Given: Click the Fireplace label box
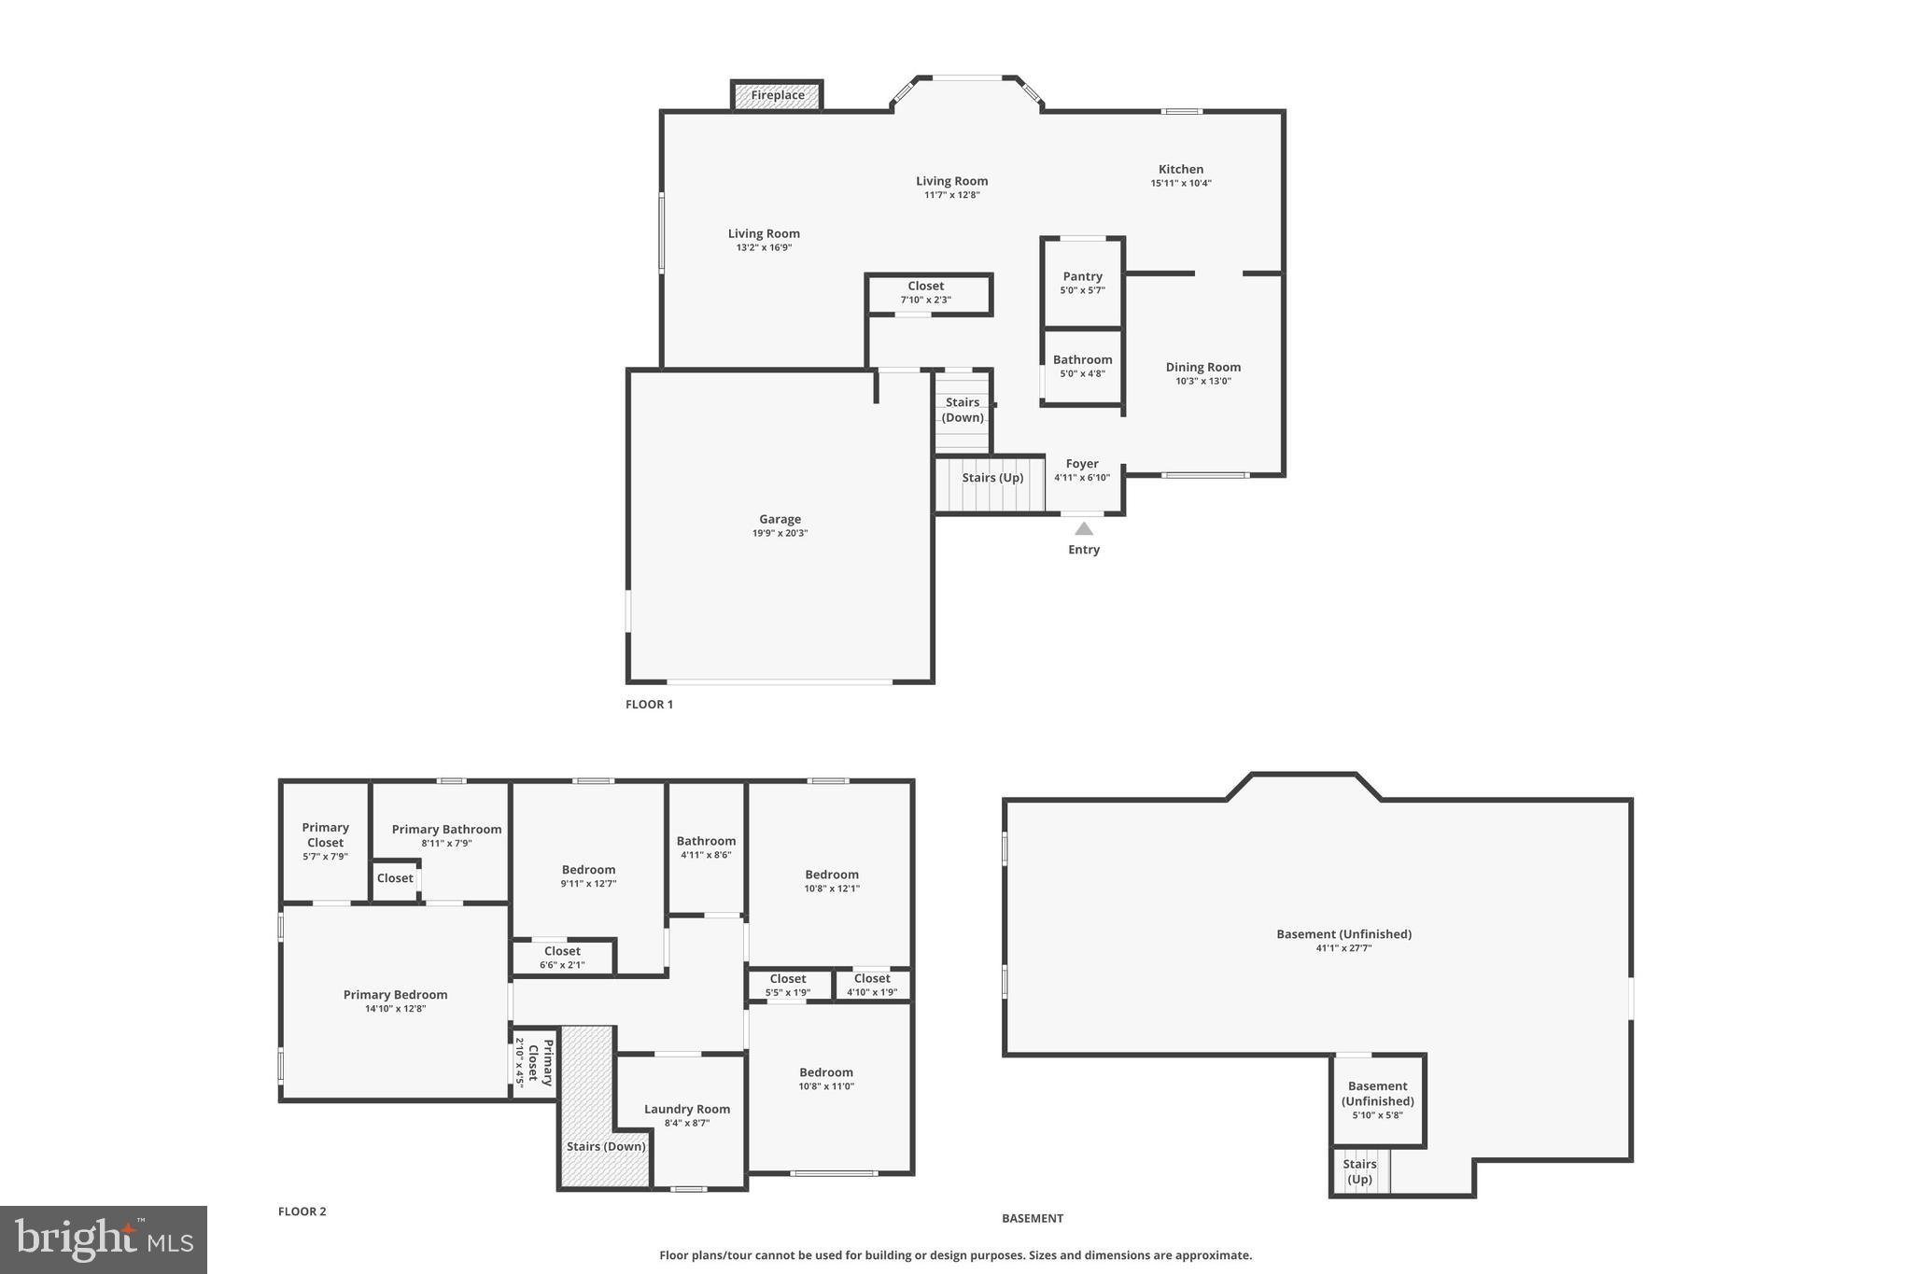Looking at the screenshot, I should pyautogui.click(x=777, y=95).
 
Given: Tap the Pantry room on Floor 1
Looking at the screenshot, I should pyautogui.click(x=1082, y=283).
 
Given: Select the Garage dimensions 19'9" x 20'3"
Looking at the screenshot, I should pyautogui.click(x=780, y=534).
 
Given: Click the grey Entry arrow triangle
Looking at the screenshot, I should pyautogui.click(x=1083, y=528).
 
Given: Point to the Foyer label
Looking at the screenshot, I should pyautogui.click(x=1082, y=464).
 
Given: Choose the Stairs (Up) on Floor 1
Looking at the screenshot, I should pyautogui.click(x=991, y=478).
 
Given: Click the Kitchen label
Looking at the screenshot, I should pyautogui.click(x=1180, y=169).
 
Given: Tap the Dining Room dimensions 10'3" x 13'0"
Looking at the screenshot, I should pyautogui.click(x=1202, y=381).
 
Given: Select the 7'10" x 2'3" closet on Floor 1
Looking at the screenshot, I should pyautogui.click(x=925, y=293).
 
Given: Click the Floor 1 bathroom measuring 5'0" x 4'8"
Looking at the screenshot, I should pyautogui.click(x=1082, y=366).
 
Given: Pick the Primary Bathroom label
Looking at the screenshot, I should pyautogui.click(x=446, y=829).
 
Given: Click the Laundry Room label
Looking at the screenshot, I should pyautogui.click(x=686, y=1109).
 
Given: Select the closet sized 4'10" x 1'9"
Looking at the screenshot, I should pyautogui.click(x=872, y=986).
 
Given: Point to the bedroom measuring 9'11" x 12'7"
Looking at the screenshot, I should pyautogui.click(x=588, y=875).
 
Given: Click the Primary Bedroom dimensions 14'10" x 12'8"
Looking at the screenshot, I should pyautogui.click(x=395, y=1009).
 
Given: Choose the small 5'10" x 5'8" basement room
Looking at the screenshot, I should pyautogui.click(x=1377, y=1099).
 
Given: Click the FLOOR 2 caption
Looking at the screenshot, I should pyautogui.click(x=302, y=1211).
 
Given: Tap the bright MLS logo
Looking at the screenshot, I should pyautogui.click(x=104, y=1239).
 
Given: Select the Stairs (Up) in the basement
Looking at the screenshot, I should pyautogui.click(x=1359, y=1171).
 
